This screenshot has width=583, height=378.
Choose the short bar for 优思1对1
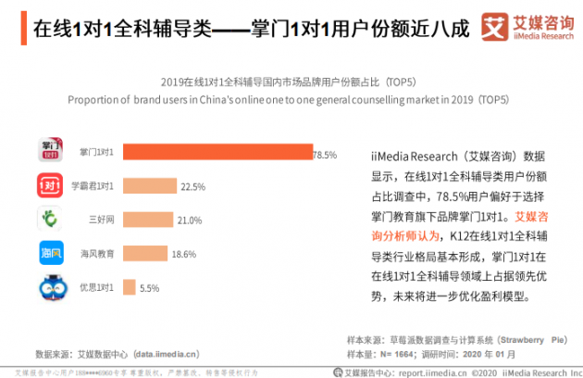[x=130, y=286]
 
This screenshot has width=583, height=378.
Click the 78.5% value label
[x=325, y=154]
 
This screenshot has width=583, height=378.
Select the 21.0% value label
[x=189, y=220]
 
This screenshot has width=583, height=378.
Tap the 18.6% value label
[x=184, y=254]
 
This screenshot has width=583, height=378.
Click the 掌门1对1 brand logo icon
[x=50, y=151]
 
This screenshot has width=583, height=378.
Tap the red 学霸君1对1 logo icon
[x=50, y=185]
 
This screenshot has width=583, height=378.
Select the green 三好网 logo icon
[x=50, y=220]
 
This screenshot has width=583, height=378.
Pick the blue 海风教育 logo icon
[x=50, y=253]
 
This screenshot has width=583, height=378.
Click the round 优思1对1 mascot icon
[x=50, y=287]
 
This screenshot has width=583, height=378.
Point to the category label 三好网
[x=100, y=220]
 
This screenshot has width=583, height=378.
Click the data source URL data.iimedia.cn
[x=167, y=353]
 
